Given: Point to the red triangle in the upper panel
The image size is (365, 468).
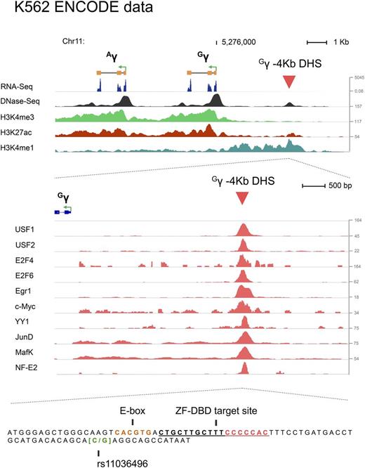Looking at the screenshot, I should point(288,83).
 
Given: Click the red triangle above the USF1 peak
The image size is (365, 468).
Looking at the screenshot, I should point(242,198).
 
